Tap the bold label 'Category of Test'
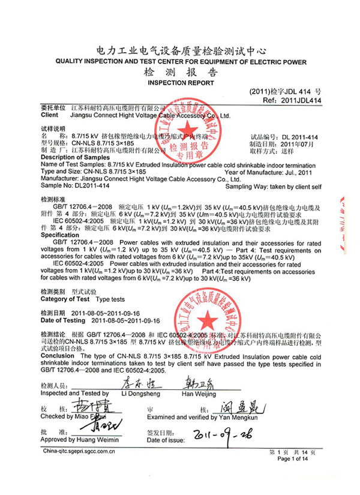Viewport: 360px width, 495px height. click(65, 299)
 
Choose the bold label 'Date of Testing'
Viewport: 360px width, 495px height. click(65, 320)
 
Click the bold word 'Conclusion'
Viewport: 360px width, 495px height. click(58, 355)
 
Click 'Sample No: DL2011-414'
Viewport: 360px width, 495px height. click(72, 187)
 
